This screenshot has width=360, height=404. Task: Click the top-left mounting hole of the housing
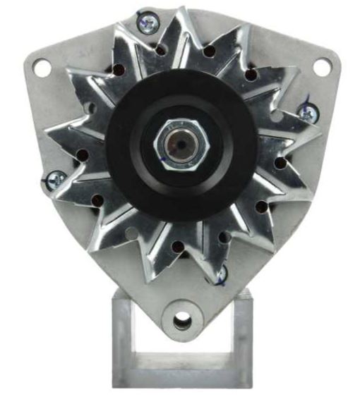click(x=42, y=68)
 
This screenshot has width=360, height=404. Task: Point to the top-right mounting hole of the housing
click(x=322, y=68)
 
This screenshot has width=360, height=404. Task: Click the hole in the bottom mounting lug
click(x=182, y=322)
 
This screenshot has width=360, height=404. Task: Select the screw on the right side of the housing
click(x=308, y=113)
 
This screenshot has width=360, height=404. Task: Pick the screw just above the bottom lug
click(x=220, y=273)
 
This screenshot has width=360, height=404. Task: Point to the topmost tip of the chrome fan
click(x=178, y=13)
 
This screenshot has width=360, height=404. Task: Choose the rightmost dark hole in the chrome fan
click(x=280, y=163)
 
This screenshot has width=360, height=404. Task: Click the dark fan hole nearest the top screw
click(x=161, y=50)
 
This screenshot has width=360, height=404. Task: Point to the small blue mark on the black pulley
click(x=163, y=161)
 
